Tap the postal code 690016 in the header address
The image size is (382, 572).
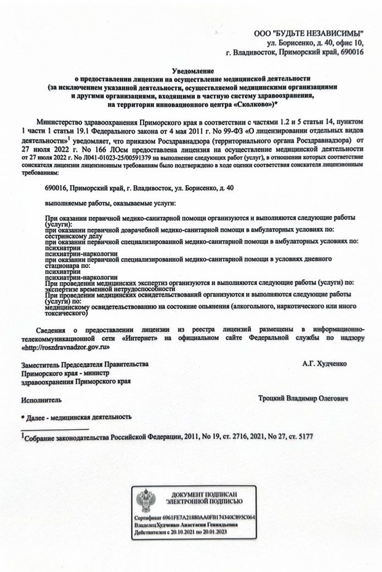[352, 53]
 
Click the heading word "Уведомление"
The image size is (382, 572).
[192, 71]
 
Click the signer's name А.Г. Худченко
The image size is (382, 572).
[324, 364]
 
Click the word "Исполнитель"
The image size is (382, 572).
[41, 401]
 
